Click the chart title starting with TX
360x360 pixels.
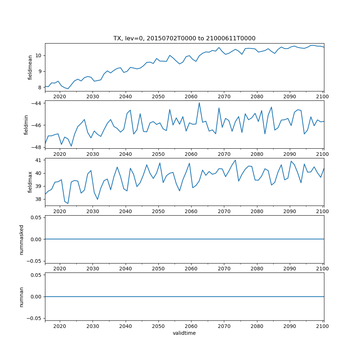click(x=184, y=38)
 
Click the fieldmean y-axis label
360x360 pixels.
click(x=30, y=67)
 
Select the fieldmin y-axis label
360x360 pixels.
click(x=26, y=125)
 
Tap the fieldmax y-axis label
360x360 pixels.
click(x=30, y=182)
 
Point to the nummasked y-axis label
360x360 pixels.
click(x=22, y=239)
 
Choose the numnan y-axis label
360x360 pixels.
click(x=22, y=297)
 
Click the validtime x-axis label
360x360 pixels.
click(x=184, y=333)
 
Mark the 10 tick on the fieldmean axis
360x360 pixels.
click(x=39, y=55)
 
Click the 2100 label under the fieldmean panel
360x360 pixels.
click(x=323, y=96)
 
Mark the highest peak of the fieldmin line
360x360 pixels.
click(x=199, y=103)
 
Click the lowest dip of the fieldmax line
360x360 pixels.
click(x=68, y=203)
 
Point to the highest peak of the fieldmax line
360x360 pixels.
click(x=235, y=160)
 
